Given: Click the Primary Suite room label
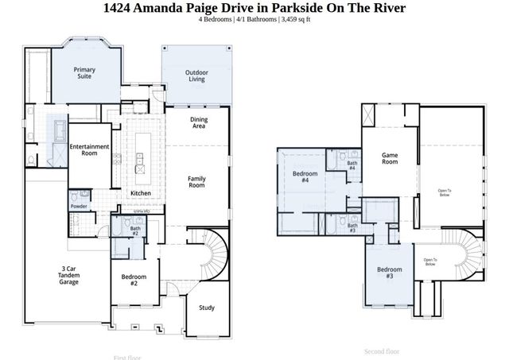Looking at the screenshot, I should pyautogui.click(x=84, y=74).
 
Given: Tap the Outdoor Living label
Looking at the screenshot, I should pyautogui.click(x=196, y=76).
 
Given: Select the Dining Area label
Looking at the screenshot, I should pyautogui.click(x=198, y=123).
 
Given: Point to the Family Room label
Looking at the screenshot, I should pyautogui.click(x=196, y=182).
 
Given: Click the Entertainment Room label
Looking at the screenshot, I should pyautogui.click(x=88, y=151).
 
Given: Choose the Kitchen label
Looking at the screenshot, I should pyautogui.click(x=141, y=193).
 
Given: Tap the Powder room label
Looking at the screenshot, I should pyautogui.click(x=79, y=207).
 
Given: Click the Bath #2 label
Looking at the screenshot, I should pyautogui.click(x=135, y=231).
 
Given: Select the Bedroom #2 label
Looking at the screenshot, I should pyautogui.click(x=129, y=281).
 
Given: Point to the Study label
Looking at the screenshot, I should pyautogui.click(x=207, y=308).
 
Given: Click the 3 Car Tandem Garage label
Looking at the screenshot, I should pyautogui.click(x=68, y=276).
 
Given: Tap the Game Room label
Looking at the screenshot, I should pyautogui.click(x=389, y=158).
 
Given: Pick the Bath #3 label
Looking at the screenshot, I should pyautogui.click(x=352, y=228).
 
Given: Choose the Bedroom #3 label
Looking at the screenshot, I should pyautogui.click(x=390, y=273).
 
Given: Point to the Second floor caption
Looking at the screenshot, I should pyautogui.click(x=381, y=350).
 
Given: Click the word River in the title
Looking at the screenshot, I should pyautogui.click(x=387, y=8).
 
